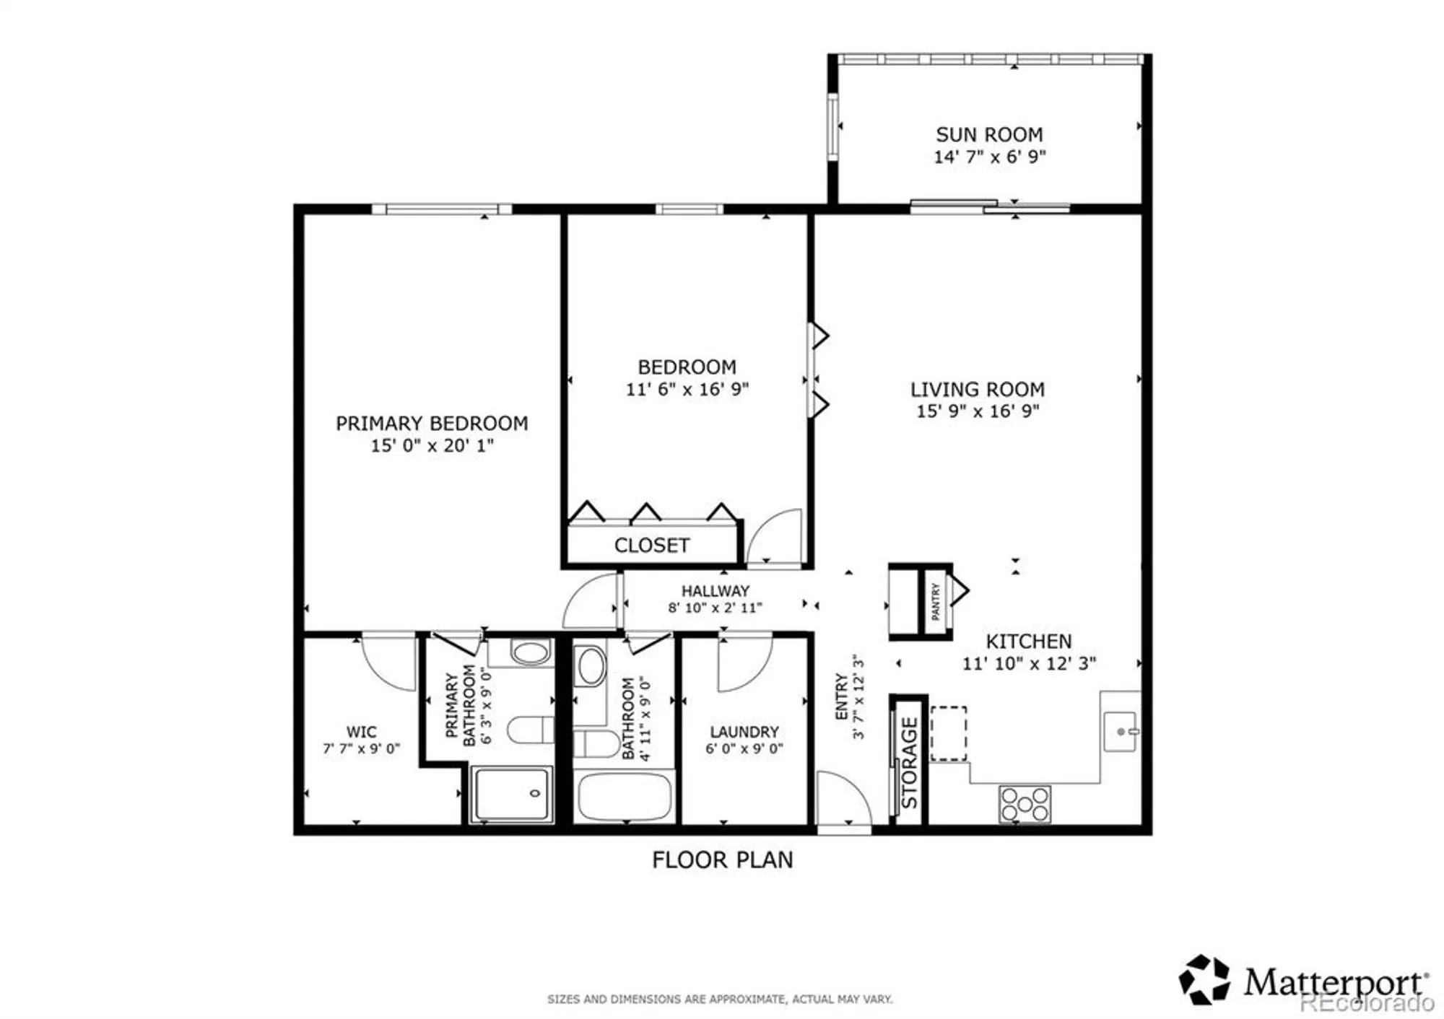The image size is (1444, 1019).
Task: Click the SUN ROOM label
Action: click(x=989, y=135)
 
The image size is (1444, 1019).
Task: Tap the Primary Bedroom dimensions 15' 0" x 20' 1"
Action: click(x=432, y=446)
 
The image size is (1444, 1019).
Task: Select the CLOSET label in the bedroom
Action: click(x=651, y=546)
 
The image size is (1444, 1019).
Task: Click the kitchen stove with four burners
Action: click(x=1025, y=803)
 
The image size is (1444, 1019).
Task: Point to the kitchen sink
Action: click(x=1120, y=731)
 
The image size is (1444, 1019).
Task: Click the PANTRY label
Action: click(x=936, y=601)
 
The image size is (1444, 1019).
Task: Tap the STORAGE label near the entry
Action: click(x=909, y=763)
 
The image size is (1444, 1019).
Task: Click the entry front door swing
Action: click(x=841, y=797)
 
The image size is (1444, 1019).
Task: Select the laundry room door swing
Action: click(x=744, y=662)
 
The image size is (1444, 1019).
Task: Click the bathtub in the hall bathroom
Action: click(x=625, y=797)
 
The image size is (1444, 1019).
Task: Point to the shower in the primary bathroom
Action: click(x=511, y=794)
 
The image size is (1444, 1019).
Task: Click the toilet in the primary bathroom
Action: click(x=529, y=730)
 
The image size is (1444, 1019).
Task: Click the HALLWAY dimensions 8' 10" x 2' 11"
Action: click(x=715, y=608)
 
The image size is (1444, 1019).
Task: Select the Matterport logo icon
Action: click(x=1204, y=979)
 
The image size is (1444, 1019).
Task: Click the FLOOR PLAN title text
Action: click(x=722, y=860)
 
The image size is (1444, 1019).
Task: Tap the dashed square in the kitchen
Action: click(x=948, y=733)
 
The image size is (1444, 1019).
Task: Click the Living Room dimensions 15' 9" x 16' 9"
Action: click(x=977, y=411)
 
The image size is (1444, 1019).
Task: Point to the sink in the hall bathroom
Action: click(x=591, y=666)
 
